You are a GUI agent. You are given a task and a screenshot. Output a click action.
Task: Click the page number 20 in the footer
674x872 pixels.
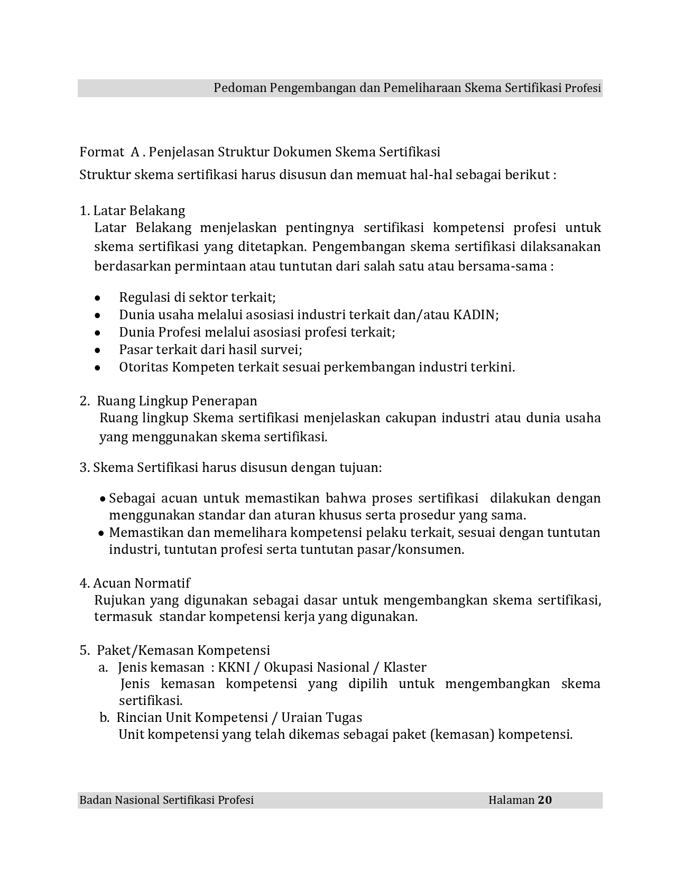pyautogui.click(x=545, y=800)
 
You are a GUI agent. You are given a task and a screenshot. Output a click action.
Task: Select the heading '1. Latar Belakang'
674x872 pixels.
pyautogui.click(x=132, y=211)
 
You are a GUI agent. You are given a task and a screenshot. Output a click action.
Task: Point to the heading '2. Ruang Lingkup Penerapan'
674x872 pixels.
pyautogui.click(x=169, y=401)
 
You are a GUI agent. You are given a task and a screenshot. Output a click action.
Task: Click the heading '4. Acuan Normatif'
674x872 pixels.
pyautogui.click(x=135, y=583)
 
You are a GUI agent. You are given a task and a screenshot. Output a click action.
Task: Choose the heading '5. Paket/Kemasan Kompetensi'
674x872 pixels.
pyautogui.click(x=175, y=650)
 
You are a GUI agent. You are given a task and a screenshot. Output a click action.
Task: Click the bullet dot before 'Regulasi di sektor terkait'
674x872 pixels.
pyautogui.click(x=97, y=298)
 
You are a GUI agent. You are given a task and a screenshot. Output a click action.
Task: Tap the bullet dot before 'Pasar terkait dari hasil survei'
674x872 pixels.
pyautogui.click(x=97, y=350)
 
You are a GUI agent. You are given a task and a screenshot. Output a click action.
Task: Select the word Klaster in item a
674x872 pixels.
pyautogui.click(x=405, y=667)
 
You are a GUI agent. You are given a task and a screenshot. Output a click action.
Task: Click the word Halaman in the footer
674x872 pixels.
pyautogui.click(x=511, y=800)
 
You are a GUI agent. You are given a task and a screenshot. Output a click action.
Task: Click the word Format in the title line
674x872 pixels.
pyautogui.click(x=101, y=152)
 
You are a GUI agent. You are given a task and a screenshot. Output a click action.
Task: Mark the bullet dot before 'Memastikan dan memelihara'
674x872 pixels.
pyautogui.click(x=101, y=533)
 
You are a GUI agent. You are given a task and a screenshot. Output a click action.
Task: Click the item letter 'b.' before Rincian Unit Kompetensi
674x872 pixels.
pyautogui.click(x=105, y=718)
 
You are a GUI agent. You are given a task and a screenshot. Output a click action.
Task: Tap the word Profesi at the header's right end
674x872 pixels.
pyautogui.click(x=583, y=88)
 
